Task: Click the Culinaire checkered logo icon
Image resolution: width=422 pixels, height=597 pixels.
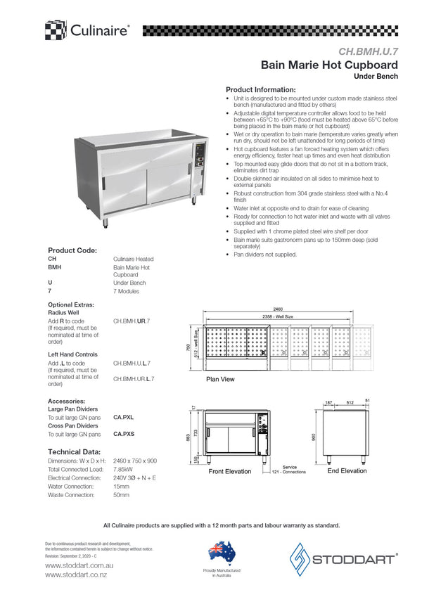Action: coord(56,30)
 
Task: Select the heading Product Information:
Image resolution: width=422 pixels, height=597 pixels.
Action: coord(260,90)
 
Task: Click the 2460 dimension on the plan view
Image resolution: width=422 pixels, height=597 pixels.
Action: coord(278,309)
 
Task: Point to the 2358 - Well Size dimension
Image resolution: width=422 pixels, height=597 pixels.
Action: coord(278,317)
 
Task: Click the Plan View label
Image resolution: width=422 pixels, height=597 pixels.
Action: coord(220,380)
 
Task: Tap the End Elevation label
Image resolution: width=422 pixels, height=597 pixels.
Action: coord(347,471)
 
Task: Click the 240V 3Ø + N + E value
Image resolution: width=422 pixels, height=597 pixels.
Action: coord(135,477)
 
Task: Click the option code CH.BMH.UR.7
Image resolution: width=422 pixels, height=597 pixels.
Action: coord(132,321)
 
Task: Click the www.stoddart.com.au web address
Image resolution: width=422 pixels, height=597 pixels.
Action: coord(75,565)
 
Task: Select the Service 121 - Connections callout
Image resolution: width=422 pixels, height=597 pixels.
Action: coord(289,470)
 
